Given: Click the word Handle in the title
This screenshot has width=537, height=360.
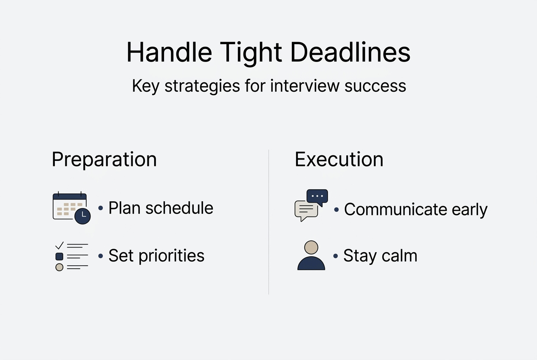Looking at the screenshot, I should click(169, 53).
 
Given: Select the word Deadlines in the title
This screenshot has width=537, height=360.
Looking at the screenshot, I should click(350, 53).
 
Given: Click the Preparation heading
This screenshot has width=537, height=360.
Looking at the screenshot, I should click(104, 159).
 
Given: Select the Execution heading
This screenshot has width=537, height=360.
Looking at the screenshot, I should click(339, 159).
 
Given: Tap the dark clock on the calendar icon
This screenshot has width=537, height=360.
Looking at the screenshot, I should click(82, 216).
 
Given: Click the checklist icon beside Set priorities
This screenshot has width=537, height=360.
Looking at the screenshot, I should click(71, 256).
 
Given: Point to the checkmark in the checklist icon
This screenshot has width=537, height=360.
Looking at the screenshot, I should click(59, 245).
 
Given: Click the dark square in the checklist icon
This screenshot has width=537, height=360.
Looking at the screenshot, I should click(59, 256).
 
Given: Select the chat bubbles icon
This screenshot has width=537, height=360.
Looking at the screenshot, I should click(311, 205).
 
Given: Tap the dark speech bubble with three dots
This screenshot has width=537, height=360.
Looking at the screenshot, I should click(317, 197).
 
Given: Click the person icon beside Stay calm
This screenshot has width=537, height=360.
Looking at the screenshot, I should click(311, 256).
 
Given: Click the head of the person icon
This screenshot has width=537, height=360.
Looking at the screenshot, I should click(311, 247).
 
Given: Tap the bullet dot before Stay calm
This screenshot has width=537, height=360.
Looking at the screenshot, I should click(336, 256).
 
